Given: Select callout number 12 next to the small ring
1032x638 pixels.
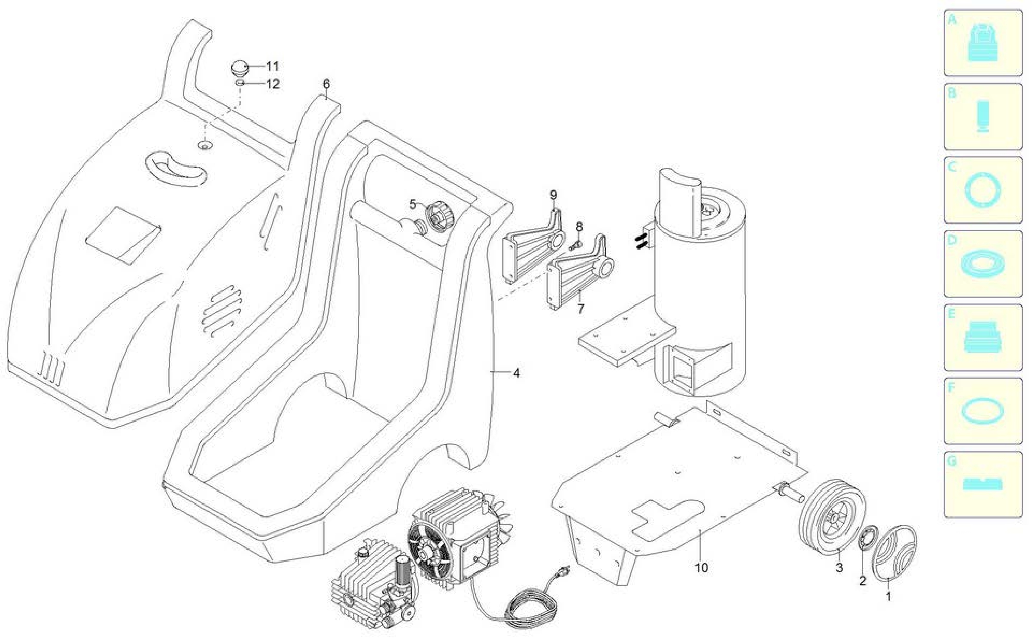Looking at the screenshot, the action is click(273, 84).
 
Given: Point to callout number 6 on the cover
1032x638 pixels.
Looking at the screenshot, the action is click(326, 84).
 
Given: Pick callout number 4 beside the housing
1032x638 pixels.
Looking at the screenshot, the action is click(517, 373).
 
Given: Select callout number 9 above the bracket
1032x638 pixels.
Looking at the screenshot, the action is click(553, 195).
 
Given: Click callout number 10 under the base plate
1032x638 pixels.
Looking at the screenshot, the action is click(701, 568).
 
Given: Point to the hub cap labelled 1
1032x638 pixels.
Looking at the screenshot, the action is click(892, 552).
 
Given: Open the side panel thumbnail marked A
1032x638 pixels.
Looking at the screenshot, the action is click(983, 43).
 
